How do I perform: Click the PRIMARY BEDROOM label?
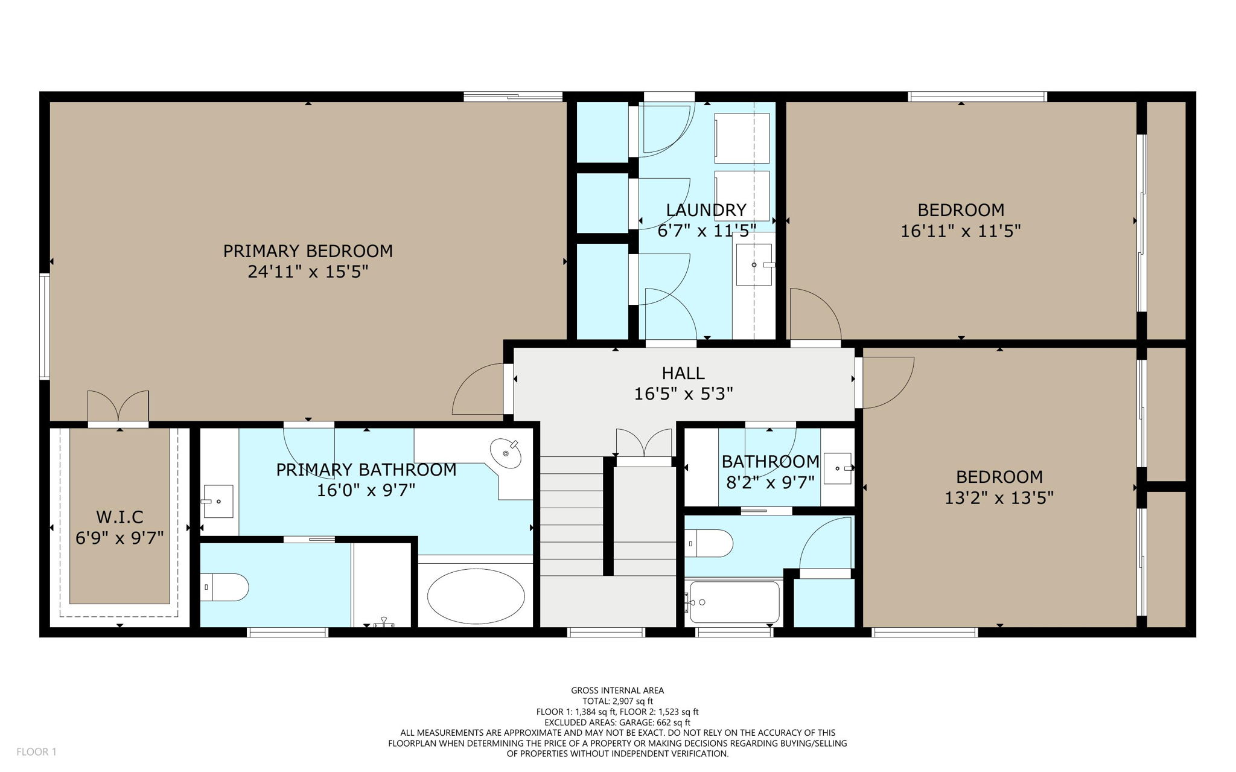(308, 251)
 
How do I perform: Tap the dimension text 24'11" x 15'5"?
(308, 272)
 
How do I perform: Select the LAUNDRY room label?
(706, 210)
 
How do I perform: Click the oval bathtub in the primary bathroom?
(476, 596)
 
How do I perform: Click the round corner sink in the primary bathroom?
(506, 453)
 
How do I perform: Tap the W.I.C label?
(119, 517)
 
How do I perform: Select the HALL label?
(683, 373)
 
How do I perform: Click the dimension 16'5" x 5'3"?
(683, 394)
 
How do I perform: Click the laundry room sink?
(754, 264)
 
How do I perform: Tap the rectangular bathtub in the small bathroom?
(734, 602)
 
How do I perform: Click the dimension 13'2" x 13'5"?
(999, 498)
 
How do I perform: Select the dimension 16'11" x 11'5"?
(960, 231)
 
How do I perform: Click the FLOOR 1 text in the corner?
(36, 751)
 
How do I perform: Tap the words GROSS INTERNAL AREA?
(617, 690)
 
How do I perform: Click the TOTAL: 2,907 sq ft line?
(617, 701)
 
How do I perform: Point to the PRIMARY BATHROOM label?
(366, 470)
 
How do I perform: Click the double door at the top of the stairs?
(644, 444)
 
